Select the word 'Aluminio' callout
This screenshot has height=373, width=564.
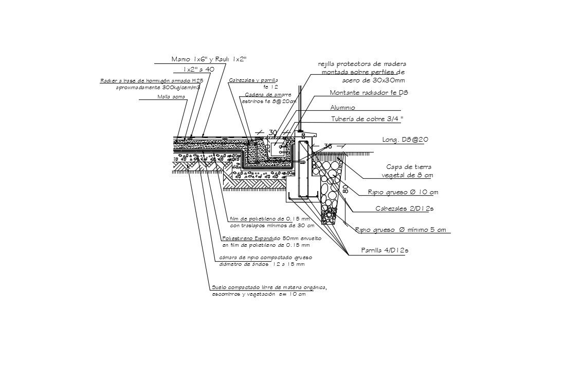[342, 107]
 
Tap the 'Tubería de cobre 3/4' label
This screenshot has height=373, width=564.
[367, 119]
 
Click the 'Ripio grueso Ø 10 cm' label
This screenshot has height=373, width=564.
[403, 192]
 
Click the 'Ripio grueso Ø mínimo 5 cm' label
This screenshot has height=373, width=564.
[401, 230]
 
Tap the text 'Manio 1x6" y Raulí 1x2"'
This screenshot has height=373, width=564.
[209, 59]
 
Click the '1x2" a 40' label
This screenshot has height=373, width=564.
[198, 69]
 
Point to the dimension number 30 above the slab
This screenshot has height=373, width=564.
[272, 133]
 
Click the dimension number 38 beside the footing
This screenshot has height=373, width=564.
[328, 146]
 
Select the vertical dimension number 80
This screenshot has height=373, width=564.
[345, 189]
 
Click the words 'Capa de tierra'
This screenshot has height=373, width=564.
[409, 167]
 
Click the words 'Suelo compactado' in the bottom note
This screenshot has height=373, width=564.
[230, 287]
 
